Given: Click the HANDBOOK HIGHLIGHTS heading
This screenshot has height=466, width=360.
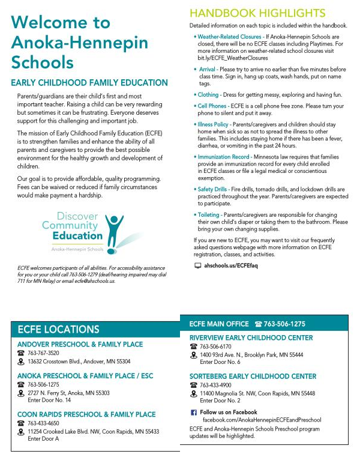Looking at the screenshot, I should pos(257,13).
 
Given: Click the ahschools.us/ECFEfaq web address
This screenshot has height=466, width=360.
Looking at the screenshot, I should pos(230,265).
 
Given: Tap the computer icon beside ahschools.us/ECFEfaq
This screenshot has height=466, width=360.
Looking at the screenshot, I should pos(198,265).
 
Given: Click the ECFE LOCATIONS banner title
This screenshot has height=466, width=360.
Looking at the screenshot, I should pos(58,330).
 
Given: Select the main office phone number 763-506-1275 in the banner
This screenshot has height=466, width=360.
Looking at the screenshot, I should pos(284,323).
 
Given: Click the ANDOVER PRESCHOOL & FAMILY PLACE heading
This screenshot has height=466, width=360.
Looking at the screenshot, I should pos(80,344).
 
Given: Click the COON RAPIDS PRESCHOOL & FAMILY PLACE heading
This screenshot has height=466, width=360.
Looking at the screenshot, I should pos(86,414).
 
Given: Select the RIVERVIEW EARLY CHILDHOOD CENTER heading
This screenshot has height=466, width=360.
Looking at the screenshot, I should pos(251,338).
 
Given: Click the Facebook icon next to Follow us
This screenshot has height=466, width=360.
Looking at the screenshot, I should pos(193,413).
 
